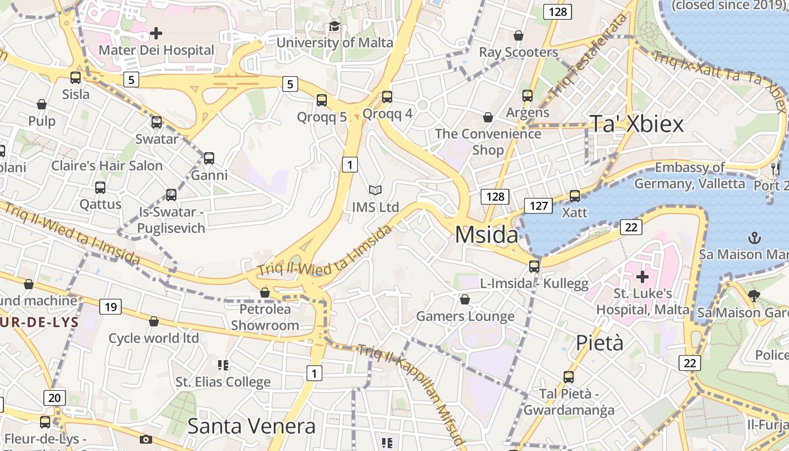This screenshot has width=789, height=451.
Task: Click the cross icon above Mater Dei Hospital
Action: pos(156,33)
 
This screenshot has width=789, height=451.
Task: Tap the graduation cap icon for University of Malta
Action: pos(334,26)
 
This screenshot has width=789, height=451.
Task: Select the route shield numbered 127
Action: pos(539,206)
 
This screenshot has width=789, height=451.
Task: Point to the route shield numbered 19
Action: pos(110,307)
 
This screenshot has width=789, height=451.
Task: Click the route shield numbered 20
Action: pos(54,397)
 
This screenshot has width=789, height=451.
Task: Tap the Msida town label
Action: pos(486,235)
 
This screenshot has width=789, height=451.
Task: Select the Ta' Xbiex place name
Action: pos(636,124)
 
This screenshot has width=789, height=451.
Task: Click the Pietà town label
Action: pos(599,342)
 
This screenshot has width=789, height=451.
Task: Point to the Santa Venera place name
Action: pos(251,426)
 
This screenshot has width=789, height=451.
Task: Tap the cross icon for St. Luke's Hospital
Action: pos(642,277)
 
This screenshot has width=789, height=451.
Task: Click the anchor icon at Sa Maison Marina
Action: pos(755,238)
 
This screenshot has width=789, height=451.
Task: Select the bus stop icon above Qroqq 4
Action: pos(387,96)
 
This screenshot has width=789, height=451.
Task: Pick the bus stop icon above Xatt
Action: pos(574,196)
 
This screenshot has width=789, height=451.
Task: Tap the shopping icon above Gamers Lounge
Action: pos(465,299)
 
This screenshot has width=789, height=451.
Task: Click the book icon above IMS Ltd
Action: pos(375,191)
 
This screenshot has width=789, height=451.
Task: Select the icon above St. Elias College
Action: pos(223,365)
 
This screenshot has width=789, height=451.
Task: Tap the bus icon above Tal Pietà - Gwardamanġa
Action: pos(569,377)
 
